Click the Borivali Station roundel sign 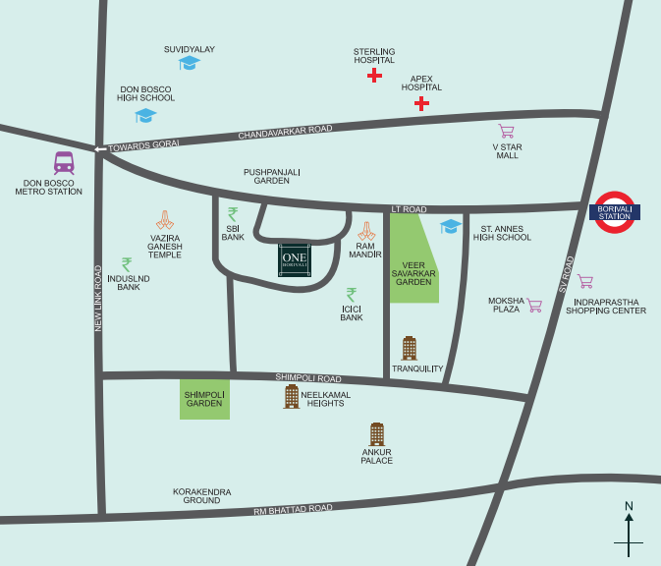[x=615, y=211]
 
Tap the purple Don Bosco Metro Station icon [x=64, y=163]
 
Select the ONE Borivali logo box [x=296, y=260]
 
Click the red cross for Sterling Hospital [x=374, y=75]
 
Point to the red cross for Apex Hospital [x=421, y=103]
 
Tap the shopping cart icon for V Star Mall [x=506, y=131]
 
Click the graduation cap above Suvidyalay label [x=189, y=64]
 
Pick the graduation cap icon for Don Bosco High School [x=145, y=115]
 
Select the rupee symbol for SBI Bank [x=233, y=214]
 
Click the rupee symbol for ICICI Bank [x=352, y=294]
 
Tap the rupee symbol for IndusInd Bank [x=127, y=264]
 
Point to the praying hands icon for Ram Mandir [x=366, y=231]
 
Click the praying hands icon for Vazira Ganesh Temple [x=165, y=220]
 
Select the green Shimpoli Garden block [x=204, y=399]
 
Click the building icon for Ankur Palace [x=376, y=433]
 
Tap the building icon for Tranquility [x=410, y=348]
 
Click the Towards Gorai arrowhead [x=99, y=149]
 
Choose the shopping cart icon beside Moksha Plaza [x=534, y=305]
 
